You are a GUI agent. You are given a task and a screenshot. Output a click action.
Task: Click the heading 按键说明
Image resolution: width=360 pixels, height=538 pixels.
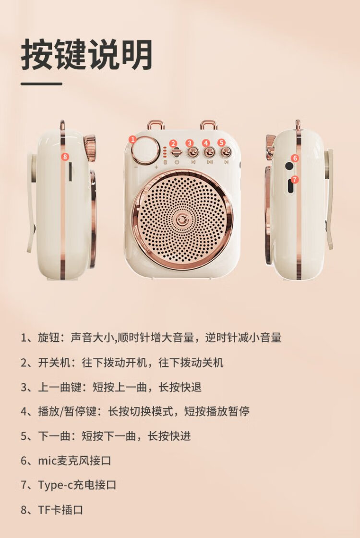click(x=87, y=55)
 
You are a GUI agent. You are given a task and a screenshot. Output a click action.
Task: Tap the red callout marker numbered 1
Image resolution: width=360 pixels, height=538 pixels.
click(x=133, y=139)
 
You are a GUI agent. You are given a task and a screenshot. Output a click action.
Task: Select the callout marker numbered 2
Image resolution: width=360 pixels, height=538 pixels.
click(x=173, y=144)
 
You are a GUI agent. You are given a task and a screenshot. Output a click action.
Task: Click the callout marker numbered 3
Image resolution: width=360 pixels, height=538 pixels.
click(x=190, y=143)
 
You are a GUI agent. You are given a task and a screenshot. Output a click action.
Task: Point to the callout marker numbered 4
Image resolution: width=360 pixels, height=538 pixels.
click(x=206, y=143)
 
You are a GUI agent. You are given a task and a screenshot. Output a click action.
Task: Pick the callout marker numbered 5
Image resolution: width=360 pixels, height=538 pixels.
click(x=221, y=142)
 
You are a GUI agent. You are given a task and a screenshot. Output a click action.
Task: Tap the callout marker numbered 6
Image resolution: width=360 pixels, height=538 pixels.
click(x=295, y=158)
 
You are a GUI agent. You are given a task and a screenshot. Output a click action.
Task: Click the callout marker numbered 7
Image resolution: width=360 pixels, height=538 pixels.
click(x=295, y=180)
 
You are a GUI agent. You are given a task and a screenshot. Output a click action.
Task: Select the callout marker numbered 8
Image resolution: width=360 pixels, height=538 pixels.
click(x=65, y=157)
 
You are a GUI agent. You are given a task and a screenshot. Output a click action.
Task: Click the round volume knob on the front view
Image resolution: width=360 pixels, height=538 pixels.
click(x=146, y=150)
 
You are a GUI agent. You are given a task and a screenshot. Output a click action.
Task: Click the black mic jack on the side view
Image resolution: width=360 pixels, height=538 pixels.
click(x=289, y=166)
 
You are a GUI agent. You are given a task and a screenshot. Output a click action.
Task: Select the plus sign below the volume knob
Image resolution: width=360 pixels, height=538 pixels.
click(x=156, y=167)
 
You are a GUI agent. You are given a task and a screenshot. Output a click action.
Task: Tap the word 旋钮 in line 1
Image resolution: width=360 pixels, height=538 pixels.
click(x=48, y=338)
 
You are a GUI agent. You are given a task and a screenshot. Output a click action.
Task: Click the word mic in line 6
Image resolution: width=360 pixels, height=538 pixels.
click(x=47, y=461)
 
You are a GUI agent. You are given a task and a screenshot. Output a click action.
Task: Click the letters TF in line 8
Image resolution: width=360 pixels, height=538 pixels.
click(x=44, y=510)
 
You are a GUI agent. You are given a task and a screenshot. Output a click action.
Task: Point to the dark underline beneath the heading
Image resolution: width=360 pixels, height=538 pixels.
click(x=41, y=84)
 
